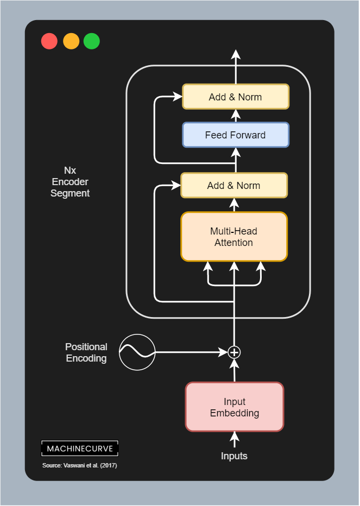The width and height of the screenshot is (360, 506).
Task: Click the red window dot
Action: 49,41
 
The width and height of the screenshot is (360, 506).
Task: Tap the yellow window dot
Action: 71,41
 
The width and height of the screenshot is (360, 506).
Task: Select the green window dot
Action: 92,41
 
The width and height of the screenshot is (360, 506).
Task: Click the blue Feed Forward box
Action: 235,135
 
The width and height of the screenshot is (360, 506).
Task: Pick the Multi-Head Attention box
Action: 234,237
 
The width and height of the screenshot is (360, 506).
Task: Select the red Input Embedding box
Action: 235,407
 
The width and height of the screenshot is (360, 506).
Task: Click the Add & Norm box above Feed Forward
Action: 235,97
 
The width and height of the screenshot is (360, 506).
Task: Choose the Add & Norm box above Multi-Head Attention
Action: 233,185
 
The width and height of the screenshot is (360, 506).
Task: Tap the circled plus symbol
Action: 234,352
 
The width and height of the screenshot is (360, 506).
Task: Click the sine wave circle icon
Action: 137,352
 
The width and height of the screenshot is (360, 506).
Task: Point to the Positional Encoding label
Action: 86,352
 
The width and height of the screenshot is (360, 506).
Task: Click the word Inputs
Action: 234,456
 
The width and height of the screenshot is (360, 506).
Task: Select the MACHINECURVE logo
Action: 80,448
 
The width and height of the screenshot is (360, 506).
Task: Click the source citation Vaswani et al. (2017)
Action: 80,466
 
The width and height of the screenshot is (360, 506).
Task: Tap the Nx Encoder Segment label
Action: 70,182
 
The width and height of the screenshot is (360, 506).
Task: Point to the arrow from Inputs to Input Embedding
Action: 235,439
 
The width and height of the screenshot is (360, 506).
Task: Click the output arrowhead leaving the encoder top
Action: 235,54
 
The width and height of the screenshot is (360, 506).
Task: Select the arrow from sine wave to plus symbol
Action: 190,352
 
